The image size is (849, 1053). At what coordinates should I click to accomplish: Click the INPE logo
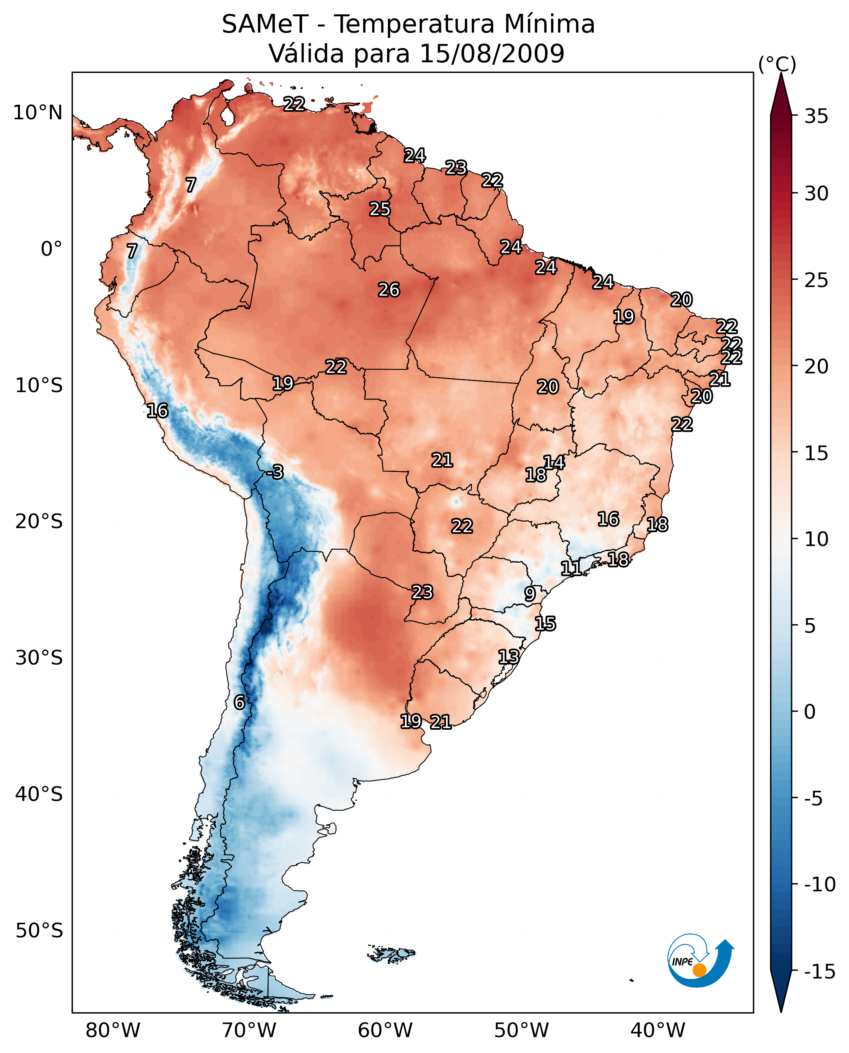coord(700,960)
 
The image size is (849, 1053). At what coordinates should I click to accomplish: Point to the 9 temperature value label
coord(530,594)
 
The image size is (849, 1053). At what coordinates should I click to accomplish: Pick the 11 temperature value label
coord(571,568)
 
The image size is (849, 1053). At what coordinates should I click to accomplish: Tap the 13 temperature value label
coord(509,657)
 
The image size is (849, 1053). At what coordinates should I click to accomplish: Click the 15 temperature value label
coord(545,623)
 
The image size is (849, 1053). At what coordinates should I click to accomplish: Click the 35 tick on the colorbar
coord(816,116)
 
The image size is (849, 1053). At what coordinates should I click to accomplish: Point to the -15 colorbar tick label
coord(820,971)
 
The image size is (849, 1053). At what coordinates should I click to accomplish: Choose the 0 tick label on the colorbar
coord(810,711)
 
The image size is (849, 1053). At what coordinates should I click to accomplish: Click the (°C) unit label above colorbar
coord(777,64)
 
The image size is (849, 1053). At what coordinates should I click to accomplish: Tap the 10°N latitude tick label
coord(38,113)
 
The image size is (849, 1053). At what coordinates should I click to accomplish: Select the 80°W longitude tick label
coord(112,1030)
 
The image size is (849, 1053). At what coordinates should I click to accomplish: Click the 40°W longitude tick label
coord(657,1030)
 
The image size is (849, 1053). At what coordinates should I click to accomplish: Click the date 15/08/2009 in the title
coord(492,53)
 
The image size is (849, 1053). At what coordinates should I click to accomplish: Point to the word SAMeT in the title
coord(265,24)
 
